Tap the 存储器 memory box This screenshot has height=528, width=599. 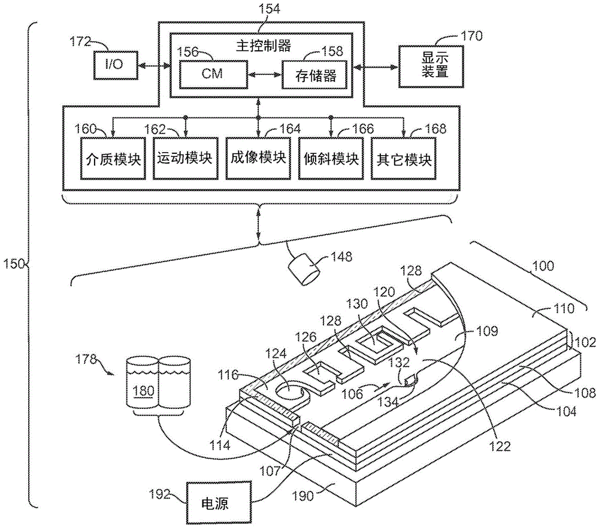pyautogui.click(x=315, y=75)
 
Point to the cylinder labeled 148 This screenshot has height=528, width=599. pyautogui.click(x=305, y=270)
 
